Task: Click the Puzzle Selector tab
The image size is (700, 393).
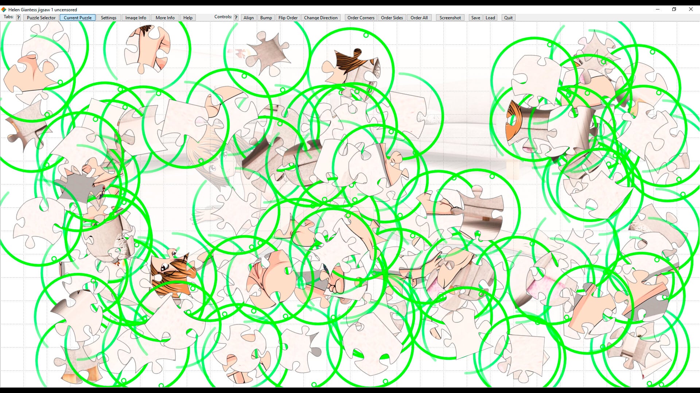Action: tap(41, 17)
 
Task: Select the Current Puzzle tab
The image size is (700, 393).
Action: tap(78, 17)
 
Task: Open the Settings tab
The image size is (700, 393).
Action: tap(109, 17)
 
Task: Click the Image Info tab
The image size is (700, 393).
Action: tap(136, 17)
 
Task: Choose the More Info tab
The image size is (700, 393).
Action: tap(165, 17)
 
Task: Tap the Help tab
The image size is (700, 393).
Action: tap(188, 17)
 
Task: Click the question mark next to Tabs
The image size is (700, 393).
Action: tap(18, 17)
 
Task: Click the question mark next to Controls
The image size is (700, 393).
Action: tap(236, 17)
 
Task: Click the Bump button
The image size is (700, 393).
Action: tap(266, 17)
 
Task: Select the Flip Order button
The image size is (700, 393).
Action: tap(288, 17)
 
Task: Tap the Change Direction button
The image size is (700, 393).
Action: tap(321, 17)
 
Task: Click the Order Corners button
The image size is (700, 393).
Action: tap(361, 17)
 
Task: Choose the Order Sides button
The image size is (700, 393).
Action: tap(392, 17)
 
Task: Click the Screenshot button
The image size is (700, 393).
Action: tap(450, 17)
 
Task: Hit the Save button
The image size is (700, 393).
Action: tap(476, 17)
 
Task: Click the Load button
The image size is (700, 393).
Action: tap(490, 17)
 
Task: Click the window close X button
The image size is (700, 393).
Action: tap(691, 9)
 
